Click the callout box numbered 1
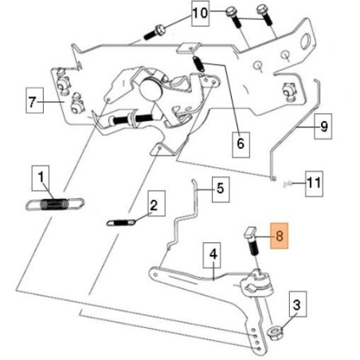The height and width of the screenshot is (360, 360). (41, 178)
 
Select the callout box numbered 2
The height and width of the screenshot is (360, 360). (156, 203)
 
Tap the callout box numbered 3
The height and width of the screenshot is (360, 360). (298, 304)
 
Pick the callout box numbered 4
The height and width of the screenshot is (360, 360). (212, 255)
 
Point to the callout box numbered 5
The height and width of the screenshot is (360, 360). (221, 190)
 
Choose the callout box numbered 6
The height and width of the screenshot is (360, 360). (241, 145)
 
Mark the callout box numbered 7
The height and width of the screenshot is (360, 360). (35, 100)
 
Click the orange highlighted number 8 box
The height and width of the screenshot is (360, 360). (279, 236)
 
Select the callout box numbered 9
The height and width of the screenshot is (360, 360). (323, 127)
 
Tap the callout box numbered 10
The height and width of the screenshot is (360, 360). (200, 14)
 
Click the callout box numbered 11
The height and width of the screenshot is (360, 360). (314, 184)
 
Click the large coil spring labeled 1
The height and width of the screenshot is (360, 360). (55, 204)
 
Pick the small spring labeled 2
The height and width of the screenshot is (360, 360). (121, 222)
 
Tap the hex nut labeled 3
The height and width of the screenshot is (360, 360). (275, 333)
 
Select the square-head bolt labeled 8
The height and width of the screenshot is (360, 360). (252, 241)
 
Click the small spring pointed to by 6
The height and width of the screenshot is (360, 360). (198, 64)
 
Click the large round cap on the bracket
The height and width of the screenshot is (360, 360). (151, 88)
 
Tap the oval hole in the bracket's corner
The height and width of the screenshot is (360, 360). (306, 41)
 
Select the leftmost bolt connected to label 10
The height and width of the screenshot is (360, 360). (155, 33)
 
